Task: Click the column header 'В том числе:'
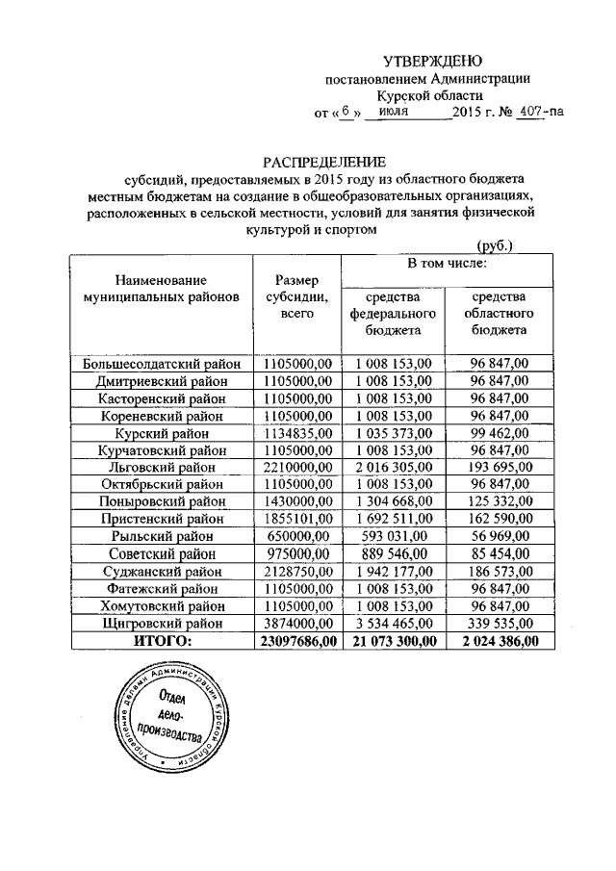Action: tap(445, 262)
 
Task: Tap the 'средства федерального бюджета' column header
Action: tap(393, 313)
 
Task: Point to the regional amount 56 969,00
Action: tap(499, 535)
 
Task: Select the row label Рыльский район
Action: tap(161, 535)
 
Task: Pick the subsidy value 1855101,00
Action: tap(294, 518)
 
